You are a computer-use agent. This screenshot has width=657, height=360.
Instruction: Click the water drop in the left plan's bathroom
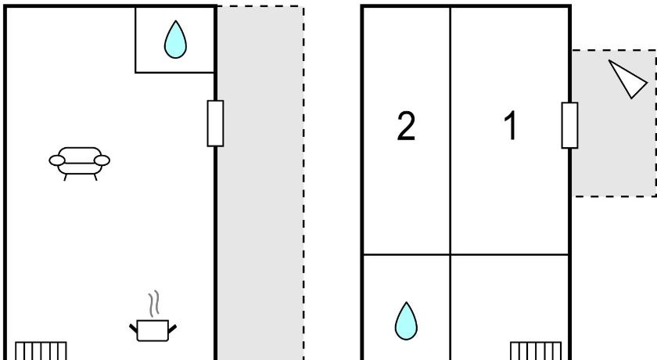[x=175, y=41]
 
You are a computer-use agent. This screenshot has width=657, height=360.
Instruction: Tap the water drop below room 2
[x=405, y=321]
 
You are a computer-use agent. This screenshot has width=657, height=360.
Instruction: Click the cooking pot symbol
[x=153, y=329]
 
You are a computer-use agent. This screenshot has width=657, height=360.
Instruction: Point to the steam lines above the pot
[x=153, y=302]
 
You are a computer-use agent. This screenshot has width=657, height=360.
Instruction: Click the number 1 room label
[x=510, y=126]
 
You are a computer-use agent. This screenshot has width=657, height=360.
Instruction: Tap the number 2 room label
[x=405, y=126]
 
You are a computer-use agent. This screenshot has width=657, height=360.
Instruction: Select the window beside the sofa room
[x=215, y=123]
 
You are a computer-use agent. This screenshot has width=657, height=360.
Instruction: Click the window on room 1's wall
[x=569, y=126]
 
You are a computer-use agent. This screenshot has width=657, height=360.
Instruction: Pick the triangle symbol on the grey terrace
[x=628, y=79]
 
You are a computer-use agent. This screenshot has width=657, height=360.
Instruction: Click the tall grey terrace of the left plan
[x=259, y=196]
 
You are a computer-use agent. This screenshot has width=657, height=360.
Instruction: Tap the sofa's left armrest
[x=57, y=160]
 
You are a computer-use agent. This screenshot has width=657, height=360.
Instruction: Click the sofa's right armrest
[x=102, y=160]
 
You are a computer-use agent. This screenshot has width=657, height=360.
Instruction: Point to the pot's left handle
[x=132, y=325]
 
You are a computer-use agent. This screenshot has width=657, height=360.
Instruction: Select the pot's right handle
[x=173, y=325]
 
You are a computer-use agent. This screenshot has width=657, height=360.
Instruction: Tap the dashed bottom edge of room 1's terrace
[x=614, y=196]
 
